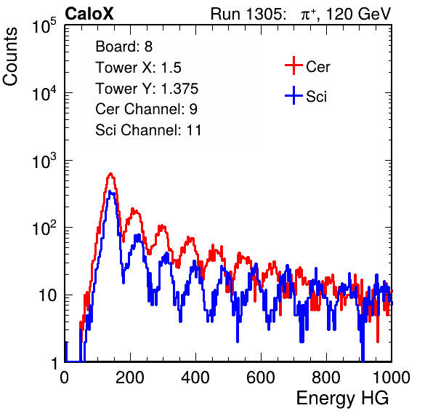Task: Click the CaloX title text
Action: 89,14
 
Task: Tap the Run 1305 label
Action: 248,14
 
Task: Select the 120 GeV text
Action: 358,14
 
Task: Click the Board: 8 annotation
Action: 124,47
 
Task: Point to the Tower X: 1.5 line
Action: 138,68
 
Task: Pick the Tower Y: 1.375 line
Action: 147,89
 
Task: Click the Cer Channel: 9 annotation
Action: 146,109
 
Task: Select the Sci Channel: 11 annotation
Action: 148,130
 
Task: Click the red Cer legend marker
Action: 294,65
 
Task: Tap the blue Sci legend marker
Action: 294,96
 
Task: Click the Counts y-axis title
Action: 10,57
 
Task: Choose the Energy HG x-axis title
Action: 342,399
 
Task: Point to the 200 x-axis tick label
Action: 130,377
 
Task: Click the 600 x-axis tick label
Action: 261,377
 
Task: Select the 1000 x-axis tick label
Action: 392,377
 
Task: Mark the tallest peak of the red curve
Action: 110,174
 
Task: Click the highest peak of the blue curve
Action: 110,191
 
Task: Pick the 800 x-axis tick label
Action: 326,377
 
